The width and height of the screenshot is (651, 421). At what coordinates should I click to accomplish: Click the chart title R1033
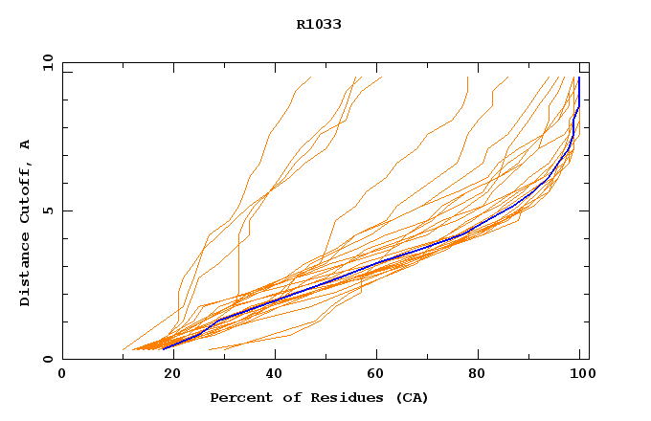point(319,24)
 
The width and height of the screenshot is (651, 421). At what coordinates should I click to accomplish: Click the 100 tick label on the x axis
point(582,374)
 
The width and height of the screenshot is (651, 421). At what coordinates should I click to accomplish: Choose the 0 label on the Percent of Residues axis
point(62,374)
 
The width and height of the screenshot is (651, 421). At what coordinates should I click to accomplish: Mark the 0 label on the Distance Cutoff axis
point(46,359)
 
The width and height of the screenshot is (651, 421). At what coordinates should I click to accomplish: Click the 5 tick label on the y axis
point(46,210)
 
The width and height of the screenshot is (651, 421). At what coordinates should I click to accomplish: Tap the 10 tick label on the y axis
point(46,62)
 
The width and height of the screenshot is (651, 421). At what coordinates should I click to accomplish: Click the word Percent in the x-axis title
point(236,397)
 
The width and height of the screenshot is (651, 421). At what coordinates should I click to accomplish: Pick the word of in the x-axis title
point(286,397)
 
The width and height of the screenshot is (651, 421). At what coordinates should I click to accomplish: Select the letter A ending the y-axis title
point(25,144)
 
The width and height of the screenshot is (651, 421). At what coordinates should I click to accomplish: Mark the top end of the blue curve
point(579,78)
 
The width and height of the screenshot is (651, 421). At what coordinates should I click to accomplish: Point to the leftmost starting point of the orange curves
point(123,349)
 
